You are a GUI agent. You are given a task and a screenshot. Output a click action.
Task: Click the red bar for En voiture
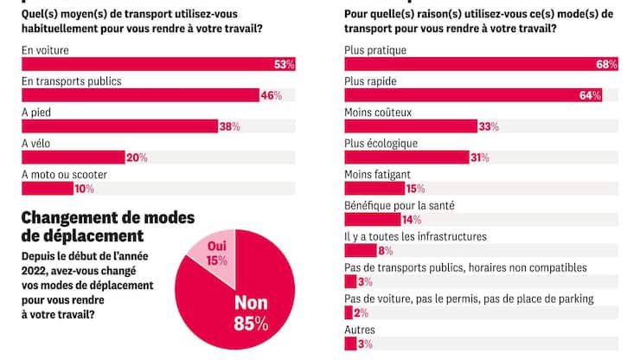tap(147, 65)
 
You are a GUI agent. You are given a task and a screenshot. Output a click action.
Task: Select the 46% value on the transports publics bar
tap(272, 96)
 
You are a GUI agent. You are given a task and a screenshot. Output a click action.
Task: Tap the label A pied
tap(35, 112)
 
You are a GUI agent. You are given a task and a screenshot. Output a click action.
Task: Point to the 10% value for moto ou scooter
tap(84, 190)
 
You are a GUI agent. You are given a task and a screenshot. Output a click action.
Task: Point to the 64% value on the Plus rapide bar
tap(591, 96)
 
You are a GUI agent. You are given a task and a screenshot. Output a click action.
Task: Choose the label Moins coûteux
tap(378, 112)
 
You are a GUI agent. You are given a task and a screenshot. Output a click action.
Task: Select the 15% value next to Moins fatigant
tap(416, 190)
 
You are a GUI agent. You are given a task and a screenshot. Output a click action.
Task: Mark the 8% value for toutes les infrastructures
tap(386, 252)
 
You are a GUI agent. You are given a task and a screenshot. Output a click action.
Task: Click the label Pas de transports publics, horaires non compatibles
tap(465, 268)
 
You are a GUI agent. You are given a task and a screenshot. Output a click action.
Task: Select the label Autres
tap(360, 331)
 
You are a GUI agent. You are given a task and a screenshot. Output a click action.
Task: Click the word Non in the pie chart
tap(249, 303)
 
